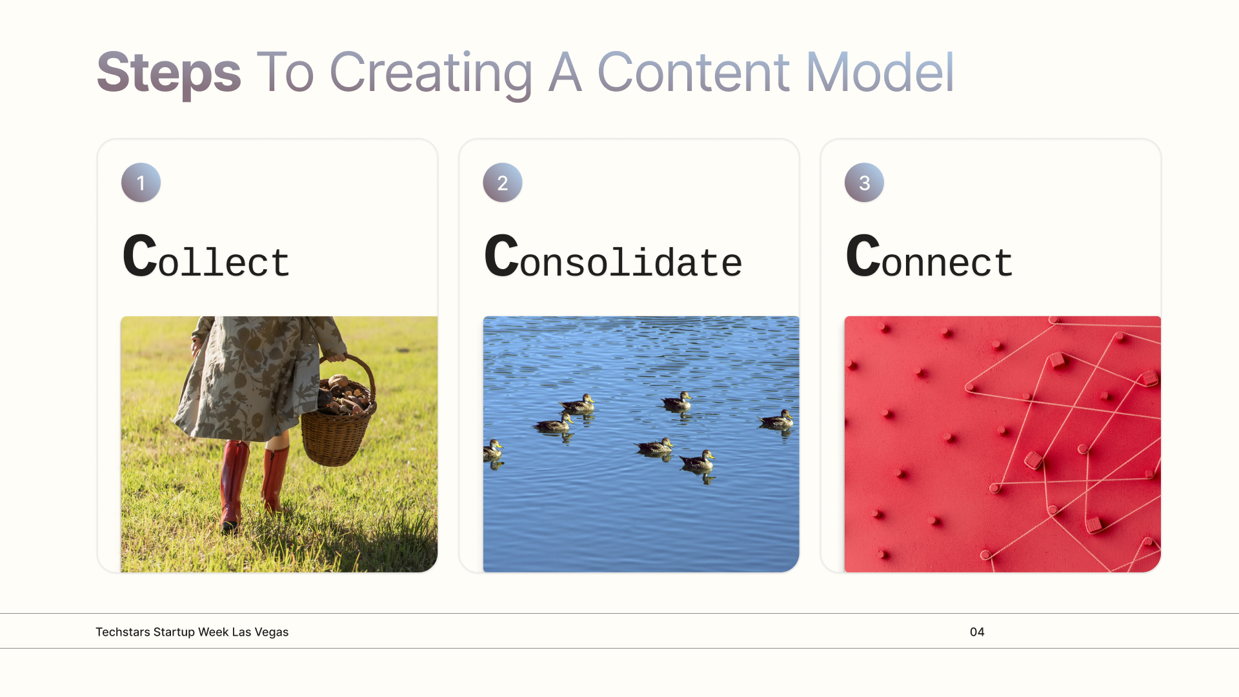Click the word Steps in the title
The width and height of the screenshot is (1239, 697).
pyautogui.click(x=169, y=73)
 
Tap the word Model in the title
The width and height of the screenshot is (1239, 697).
pyautogui.click(x=880, y=72)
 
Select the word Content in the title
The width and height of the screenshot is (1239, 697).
pyautogui.click(x=693, y=72)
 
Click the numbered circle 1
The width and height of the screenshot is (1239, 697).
pyautogui.click(x=141, y=183)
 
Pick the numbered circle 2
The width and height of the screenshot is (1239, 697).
pyautogui.click(x=503, y=183)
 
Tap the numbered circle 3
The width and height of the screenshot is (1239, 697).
pyautogui.click(x=864, y=183)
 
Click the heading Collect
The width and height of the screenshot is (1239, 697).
pyautogui.click(x=206, y=257)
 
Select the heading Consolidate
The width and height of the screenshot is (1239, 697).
pyautogui.click(x=613, y=257)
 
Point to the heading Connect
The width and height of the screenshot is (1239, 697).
pyautogui.click(x=929, y=257)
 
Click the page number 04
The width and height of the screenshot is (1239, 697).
pyautogui.click(x=977, y=632)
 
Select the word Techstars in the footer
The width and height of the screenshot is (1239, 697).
pyautogui.click(x=123, y=632)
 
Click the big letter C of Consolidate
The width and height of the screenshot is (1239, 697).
pyautogui.click(x=501, y=256)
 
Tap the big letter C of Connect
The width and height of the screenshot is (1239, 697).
pyautogui.click(x=863, y=256)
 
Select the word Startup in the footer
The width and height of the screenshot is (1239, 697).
pyautogui.click(x=174, y=632)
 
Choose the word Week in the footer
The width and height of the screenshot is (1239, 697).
pyautogui.click(x=214, y=632)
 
